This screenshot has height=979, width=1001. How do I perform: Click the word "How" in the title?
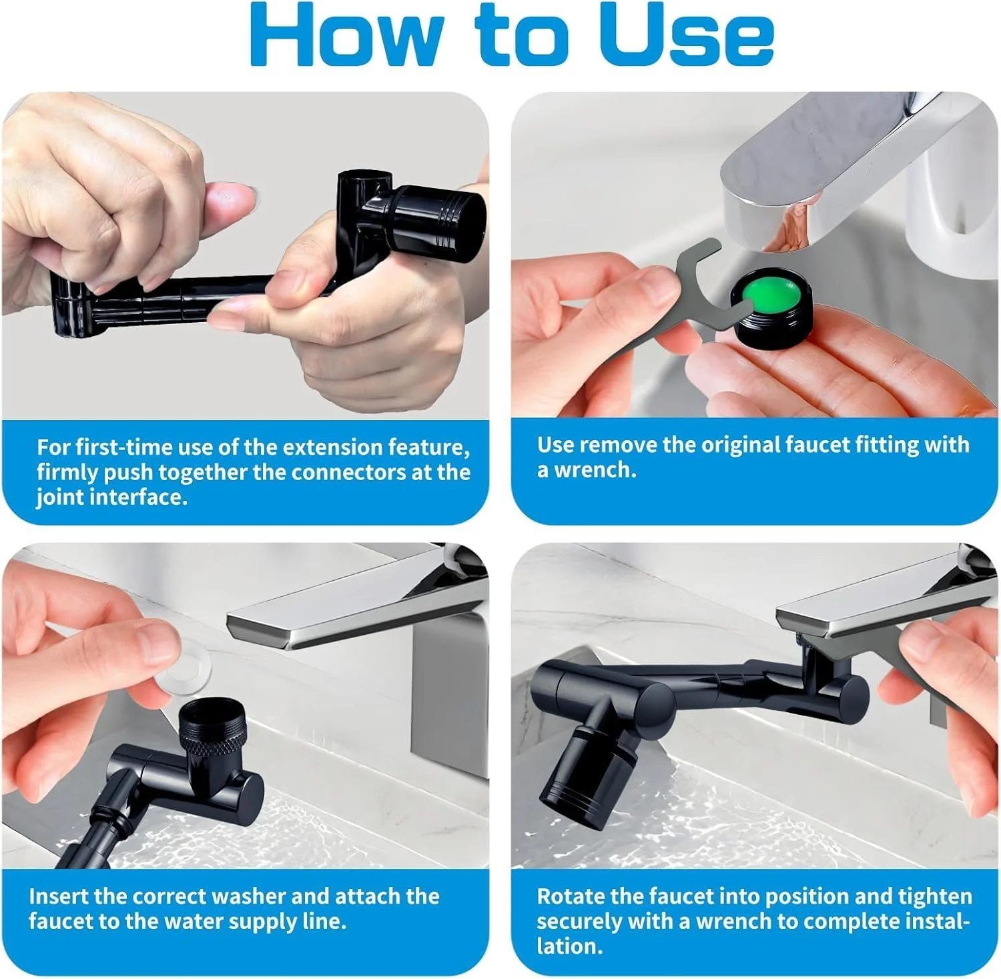347,35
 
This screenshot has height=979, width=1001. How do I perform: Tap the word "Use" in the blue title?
687,35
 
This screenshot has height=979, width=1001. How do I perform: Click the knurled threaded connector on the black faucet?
210,726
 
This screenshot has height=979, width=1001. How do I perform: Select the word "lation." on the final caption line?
569,946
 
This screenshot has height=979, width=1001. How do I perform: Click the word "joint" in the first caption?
60,498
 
